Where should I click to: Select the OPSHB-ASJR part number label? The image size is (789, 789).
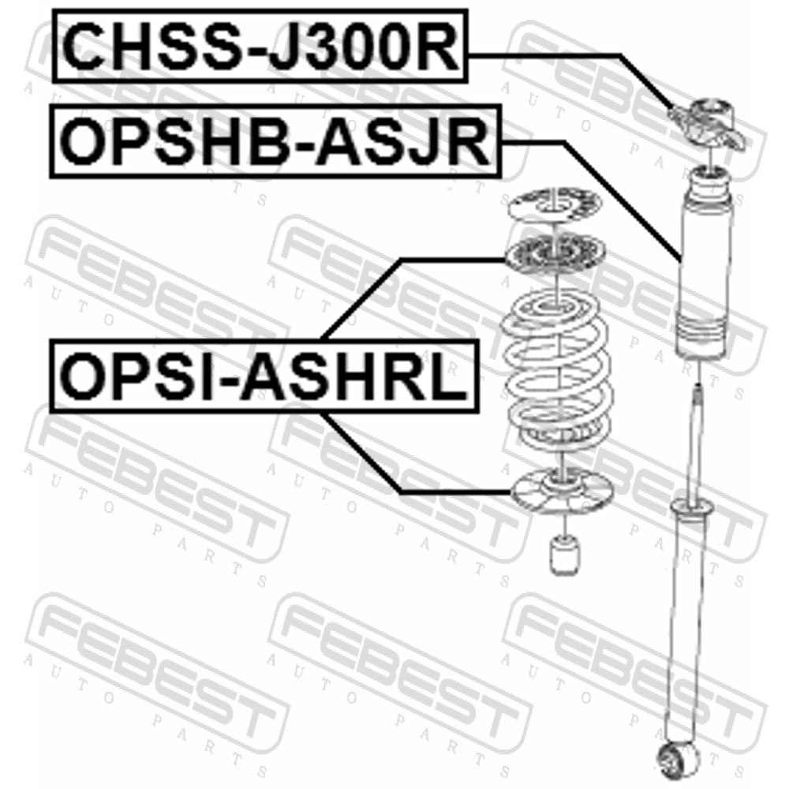click(275, 141)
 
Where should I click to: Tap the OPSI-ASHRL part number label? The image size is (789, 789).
click(264, 376)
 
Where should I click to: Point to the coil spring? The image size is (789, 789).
click(558, 375)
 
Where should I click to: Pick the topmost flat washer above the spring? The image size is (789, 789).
click(554, 206)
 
